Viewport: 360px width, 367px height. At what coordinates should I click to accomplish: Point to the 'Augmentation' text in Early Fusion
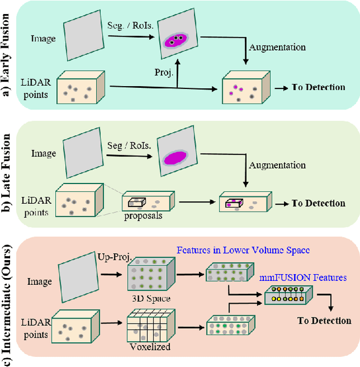[277, 48]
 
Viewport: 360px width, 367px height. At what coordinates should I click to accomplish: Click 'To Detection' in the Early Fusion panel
[318, 87]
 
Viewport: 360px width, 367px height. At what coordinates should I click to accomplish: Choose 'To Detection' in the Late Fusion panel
[318, 203]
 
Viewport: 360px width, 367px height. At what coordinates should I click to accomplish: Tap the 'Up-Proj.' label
[115, 257]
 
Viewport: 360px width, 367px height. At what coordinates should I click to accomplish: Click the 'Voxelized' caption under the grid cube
[150, 347]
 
